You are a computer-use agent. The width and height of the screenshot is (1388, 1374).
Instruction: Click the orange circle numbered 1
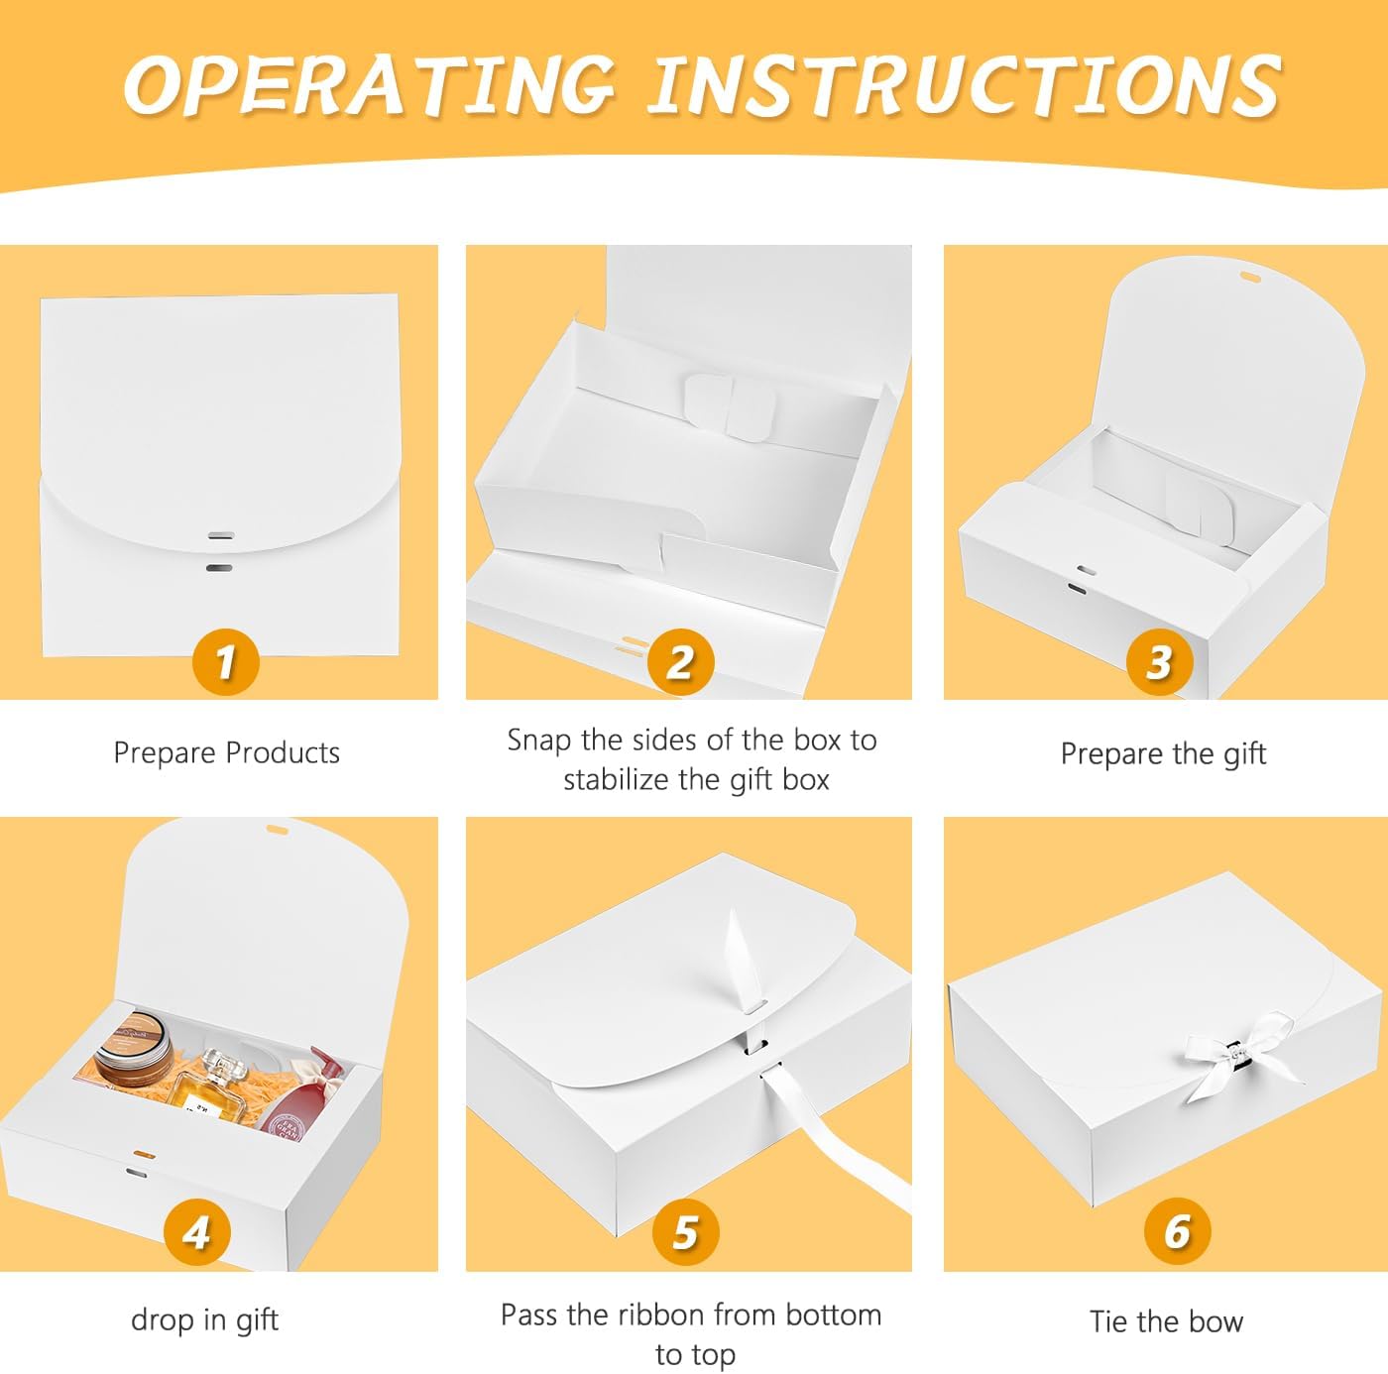coord(225,662)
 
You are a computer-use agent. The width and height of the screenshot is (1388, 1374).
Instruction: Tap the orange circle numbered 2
coord(681,662)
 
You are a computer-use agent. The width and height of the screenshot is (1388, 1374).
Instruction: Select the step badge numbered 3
coord(1160,662)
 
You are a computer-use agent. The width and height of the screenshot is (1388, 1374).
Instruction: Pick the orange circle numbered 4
coord(196,1232)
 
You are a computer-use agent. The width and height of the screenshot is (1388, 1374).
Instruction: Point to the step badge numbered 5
coord(685,1232)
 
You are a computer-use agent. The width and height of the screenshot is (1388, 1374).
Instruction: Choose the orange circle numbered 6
coord(1177,1230)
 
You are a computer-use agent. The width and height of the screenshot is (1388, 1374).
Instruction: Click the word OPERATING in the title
coord(370,86)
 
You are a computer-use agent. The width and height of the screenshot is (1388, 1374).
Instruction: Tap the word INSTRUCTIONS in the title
coord(965,86)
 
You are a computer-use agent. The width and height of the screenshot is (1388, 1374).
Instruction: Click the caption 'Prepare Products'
coord(226,753)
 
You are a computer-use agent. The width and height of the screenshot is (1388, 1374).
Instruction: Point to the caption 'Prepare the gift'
coord(1163,754)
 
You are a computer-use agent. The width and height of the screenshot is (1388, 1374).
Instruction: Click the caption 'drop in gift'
coord(204,1320)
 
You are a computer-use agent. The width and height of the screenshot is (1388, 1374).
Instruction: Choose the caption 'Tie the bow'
coord(1167,1322)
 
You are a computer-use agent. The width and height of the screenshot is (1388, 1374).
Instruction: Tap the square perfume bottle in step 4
coord(202,1086)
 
